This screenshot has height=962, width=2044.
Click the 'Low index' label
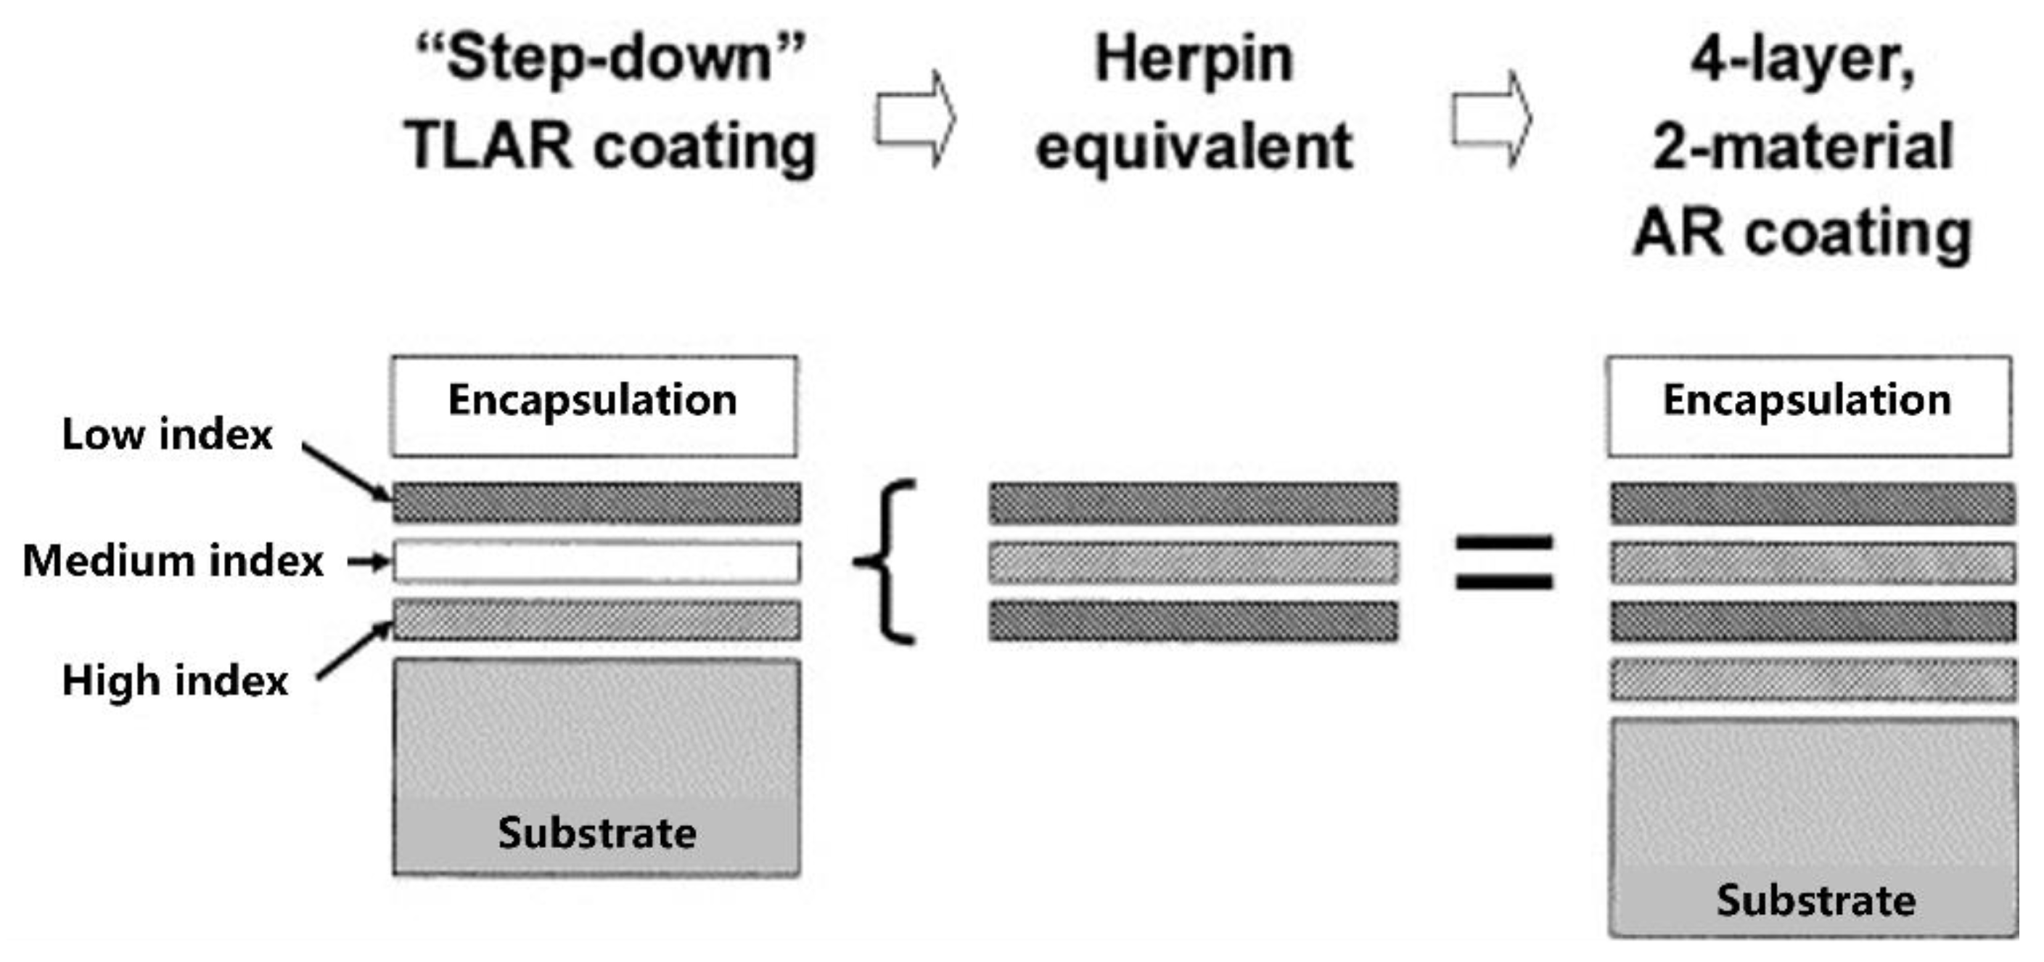tap(167, 433)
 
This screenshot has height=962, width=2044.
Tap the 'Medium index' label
tap(173, 561)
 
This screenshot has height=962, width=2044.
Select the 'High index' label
tap(175, 680)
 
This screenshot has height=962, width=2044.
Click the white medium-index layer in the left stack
tap(596, 562)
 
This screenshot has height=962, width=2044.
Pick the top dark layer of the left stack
tap(596, 502)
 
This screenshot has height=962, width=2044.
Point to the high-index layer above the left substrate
tap(596, 620)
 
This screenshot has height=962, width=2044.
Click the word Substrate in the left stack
tap(596, 833)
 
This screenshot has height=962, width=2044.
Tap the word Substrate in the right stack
tap(1815, 900)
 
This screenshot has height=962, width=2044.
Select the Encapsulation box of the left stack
tap(594, 407)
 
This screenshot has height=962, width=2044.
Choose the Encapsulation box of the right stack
tap(1809, 407)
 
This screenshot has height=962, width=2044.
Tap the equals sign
tap(1503, 562)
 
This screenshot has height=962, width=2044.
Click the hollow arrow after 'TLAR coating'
tap(916, 119)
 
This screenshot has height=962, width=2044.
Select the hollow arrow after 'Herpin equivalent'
tap(1492, 119)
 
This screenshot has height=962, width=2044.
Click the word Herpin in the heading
tap(1194, 60)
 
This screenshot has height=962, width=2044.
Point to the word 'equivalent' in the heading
tap(1194, 146)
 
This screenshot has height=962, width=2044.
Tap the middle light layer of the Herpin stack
tap(1194, 562)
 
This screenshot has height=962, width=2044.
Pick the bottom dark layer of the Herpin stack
tap(1194, 620)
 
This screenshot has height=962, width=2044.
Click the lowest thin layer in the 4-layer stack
tap(1813, 680)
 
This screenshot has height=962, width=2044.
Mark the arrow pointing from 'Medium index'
tap(369, 561)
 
